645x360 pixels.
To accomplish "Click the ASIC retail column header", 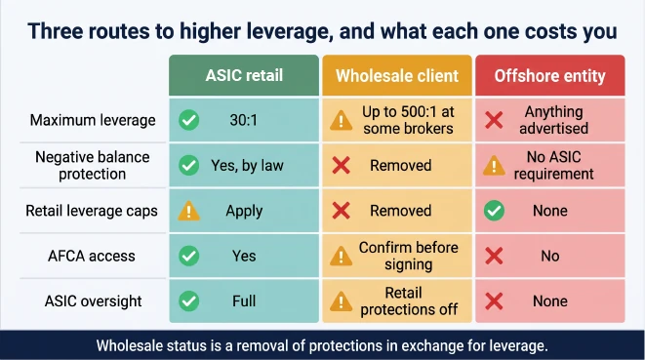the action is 244,76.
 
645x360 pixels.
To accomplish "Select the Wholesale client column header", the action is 397,76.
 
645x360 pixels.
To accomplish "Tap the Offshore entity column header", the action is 550,76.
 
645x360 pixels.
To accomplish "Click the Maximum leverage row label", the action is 93,120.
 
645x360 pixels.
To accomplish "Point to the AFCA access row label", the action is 92,256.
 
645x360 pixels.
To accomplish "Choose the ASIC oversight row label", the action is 93,301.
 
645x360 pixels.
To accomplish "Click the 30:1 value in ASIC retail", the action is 244,120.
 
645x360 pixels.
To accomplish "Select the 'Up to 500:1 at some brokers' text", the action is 408,120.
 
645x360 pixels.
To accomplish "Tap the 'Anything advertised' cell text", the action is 553,120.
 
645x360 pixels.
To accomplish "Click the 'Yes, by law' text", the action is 247,166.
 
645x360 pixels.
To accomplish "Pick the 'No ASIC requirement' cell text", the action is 553,166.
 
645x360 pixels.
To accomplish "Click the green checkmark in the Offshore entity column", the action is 494,211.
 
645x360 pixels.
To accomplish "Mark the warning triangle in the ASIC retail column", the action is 188,211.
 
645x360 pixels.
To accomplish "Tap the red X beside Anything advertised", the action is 494,120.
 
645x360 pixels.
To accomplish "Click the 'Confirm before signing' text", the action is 409,256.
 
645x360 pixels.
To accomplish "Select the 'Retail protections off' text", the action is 409,301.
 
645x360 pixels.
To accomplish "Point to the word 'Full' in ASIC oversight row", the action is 244,301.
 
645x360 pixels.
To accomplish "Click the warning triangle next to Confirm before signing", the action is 341,257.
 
